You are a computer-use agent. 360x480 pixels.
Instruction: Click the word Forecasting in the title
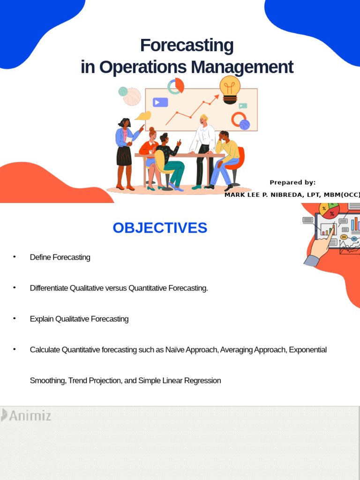coord(187,45)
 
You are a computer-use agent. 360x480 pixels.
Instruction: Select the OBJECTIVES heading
coord(159,228)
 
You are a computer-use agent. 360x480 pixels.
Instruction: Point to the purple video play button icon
coord(160,102)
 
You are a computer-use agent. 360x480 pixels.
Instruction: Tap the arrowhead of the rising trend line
coord(217,97)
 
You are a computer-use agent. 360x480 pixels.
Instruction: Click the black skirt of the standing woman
coord(124,156)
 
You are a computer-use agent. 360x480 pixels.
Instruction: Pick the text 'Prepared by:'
coord(292,182)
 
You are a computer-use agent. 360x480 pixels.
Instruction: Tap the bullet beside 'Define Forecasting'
coord(15,257)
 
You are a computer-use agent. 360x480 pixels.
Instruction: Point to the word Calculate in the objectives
coord(45,350)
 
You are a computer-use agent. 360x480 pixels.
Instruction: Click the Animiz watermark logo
coord(26,415)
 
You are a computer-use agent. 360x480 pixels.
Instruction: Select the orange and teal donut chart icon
coord(176,86)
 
